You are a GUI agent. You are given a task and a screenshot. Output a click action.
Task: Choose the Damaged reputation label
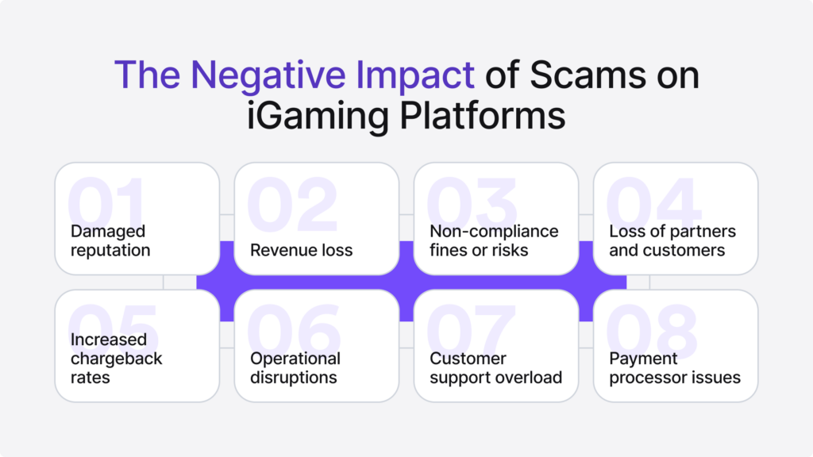coord(110,240)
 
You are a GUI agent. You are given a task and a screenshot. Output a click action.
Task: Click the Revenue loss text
coord(301,250)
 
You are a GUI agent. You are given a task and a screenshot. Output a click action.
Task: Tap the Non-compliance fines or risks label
coord(494,240)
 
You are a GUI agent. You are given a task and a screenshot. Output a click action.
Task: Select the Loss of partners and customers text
coord(672,240)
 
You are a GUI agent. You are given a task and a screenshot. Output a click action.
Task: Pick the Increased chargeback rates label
coord(116,358)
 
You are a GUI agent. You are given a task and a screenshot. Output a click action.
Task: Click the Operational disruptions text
coord(295,367)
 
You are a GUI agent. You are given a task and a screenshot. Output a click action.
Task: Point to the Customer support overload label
coord(496,367)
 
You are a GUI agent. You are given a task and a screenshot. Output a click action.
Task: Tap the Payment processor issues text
coord(675,367)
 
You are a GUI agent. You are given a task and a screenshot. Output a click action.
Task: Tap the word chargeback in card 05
coord(116,359)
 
